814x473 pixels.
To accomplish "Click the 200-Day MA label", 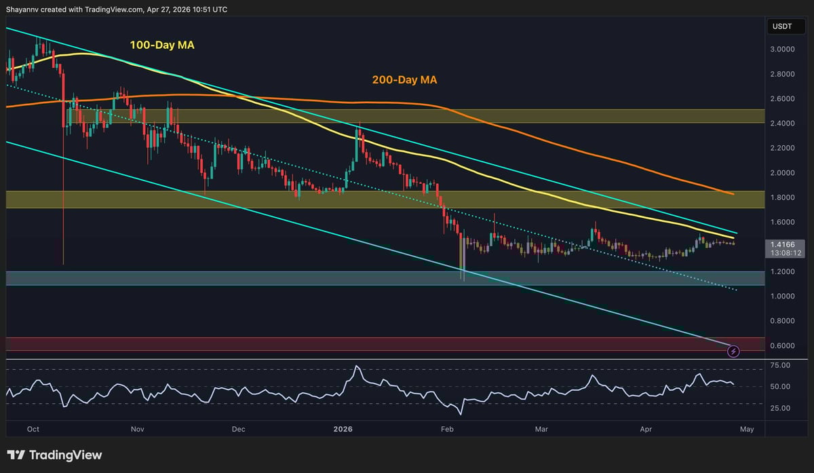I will point(404,80).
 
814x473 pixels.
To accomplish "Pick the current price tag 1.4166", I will point(783,244).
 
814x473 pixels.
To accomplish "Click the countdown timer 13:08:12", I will point(783,252).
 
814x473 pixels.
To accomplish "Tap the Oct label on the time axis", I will point(33,429).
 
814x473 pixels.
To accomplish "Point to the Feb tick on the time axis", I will point(446,429).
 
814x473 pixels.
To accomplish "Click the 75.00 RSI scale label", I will point(781,365).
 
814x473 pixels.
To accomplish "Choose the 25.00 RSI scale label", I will point(781,408).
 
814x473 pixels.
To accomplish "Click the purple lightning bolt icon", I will point(733,351).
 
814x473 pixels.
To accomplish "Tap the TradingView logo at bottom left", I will point(54,455).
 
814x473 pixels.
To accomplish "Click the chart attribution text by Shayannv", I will point(116,10).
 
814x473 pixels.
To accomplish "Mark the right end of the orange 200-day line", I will point(734,194).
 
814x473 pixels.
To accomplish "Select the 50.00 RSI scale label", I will point(781,386).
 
